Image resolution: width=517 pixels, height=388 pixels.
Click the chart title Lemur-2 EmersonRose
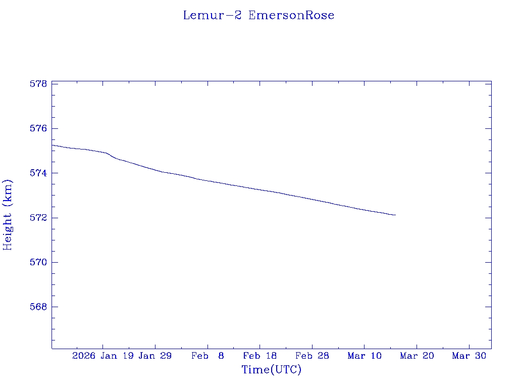[x=258, y=15]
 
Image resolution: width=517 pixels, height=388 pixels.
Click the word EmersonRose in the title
[x=291, y=15]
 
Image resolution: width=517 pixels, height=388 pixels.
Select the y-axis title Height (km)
[x=8, y=215]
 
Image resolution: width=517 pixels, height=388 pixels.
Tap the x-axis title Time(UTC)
[x=272, y=370]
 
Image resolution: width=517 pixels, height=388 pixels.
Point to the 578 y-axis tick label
[x=38, y=84]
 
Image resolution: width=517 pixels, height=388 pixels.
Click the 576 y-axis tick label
[x=38, y=128]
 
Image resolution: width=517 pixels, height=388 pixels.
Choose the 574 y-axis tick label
[x=38, y=173]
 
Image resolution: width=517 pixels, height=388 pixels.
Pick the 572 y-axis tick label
[x=38, y=218]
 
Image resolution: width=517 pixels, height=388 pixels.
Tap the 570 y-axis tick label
[x=38, y=262]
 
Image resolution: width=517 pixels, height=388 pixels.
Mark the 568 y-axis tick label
[x=38, y=307]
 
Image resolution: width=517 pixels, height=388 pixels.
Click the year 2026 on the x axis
[x=83, y=356]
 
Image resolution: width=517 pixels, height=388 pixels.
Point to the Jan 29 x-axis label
[x=155, y=356]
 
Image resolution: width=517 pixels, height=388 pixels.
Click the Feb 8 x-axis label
[x=208, y=356]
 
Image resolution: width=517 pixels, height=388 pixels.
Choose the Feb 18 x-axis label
[x=260, y=356]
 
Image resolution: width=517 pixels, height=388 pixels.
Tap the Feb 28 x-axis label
[x=312, y=356]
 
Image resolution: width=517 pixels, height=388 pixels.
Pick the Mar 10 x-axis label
[x=365, y=356]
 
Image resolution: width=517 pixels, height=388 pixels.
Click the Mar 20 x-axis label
[x=417, y=356]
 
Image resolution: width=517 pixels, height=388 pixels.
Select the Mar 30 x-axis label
[x=469, y=356]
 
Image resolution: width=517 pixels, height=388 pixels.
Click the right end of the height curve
[x=395, y=215]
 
